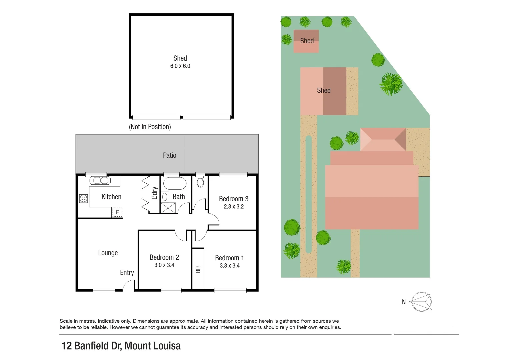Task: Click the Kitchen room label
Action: click(x=111, y=197)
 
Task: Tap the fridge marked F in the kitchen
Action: click(x=117, y=212)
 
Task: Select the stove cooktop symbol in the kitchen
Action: click(x=83, y=199)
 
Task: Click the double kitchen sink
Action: click(x=100, y=181)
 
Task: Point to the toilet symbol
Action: click(x=200, y=182)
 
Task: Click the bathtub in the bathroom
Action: click(x=175, y=183)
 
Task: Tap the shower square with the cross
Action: click(x=168, y=208)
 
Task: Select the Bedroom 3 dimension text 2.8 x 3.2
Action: click(x=234, y=207)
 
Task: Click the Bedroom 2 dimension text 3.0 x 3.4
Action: click(x=164, y=265)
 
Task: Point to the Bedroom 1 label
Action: click(x=229, y=258)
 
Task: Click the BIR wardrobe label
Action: click(x=198, y=269)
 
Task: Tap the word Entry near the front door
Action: click(x=127, y=273)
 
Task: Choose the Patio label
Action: click(x=169, y=155)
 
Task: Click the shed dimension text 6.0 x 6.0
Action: click(x=180, y=66)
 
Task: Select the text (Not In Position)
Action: click(x=150, y=127)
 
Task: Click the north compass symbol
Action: click(x=421, y=302)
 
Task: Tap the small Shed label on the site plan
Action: click(x=307, y=41)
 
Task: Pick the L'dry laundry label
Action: click(x=154, y=193)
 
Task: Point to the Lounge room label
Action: click(x=108, y=253)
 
